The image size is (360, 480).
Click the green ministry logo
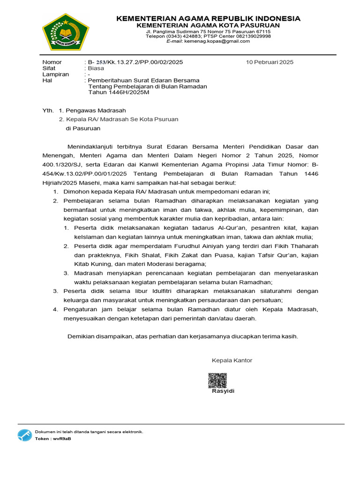(x=65, y=32)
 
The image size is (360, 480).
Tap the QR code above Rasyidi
(x=217, y=380)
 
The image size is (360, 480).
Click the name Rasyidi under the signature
(x=223, y=391)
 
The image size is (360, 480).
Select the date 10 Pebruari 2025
(x=270, y=62)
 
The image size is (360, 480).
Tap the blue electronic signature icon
(x=24, y=435)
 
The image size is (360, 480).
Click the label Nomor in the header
(x=52, y=62)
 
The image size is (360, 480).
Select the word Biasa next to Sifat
(x=96, y=68)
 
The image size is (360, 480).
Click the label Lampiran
(x=55, y=74)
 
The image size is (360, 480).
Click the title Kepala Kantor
(x=232, y=360)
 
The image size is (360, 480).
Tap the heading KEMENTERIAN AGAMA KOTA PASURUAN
(x=209, y=25)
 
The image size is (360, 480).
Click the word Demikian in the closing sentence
(x=81, y=336)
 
